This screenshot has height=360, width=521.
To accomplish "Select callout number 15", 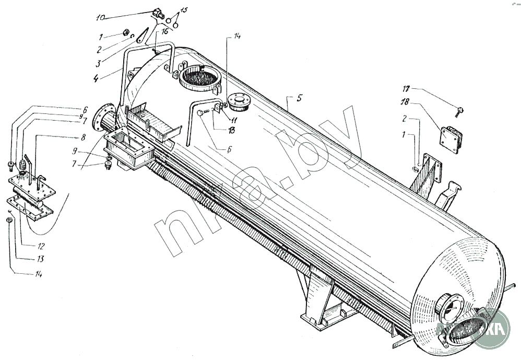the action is [x=184, y=11].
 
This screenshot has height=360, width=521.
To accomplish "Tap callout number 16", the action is [x=165, y=32].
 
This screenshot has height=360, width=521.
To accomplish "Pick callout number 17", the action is [x=406, y=89].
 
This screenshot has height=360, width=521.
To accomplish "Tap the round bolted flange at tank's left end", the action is [x=104, y=117].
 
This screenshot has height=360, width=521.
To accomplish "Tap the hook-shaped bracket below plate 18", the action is [x=448, y=194].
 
